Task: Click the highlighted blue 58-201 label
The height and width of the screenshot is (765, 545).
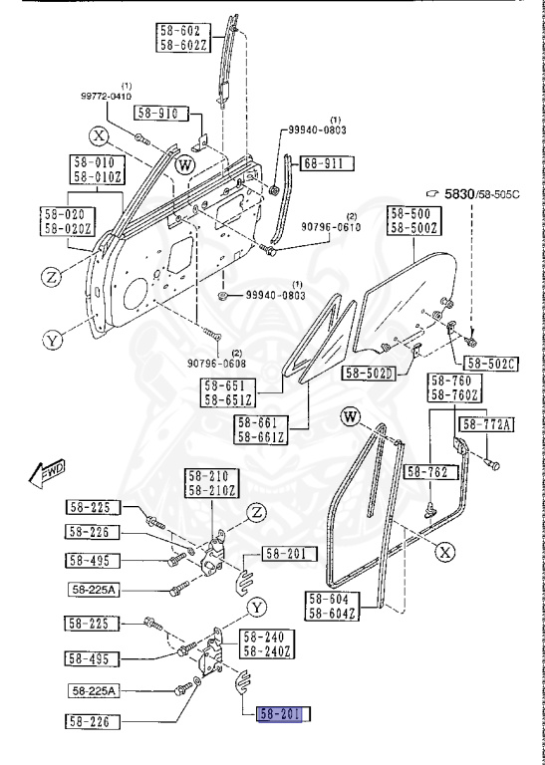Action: pos(283,713)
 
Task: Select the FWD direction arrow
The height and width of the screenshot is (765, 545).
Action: pos(47,470)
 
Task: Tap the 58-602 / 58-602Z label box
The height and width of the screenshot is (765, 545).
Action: pos(182,37)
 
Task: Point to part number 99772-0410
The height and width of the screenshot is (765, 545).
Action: pos(113,97)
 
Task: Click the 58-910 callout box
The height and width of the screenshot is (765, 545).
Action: pos(157,114)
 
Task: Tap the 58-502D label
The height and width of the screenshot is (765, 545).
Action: pos(369,374)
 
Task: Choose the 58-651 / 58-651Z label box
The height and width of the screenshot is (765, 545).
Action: pos(229,392)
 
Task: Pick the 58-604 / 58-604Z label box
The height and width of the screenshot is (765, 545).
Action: pos(330,606)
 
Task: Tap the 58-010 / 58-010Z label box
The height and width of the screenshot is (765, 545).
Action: pos(95,169)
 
